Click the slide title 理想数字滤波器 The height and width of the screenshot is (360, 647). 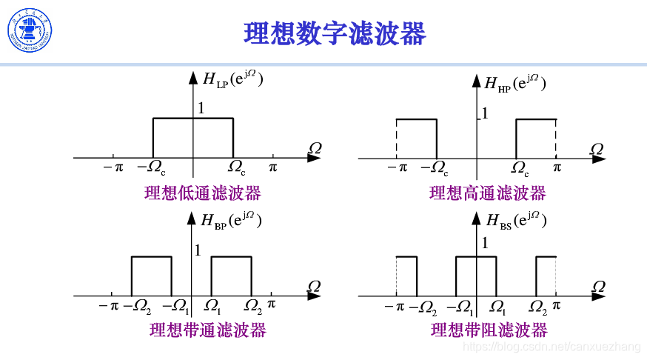pos(335,33)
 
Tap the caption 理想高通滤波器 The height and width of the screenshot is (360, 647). pos(488,193)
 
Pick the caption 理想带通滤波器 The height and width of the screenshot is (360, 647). pos(207,330)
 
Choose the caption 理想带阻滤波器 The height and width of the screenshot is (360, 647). pos(489,330)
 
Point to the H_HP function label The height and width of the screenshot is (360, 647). pos(515,83)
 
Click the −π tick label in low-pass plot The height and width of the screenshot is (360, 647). pos(113,167)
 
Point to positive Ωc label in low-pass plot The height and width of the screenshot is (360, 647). pos(238,168)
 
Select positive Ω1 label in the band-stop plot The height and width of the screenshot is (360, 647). pos(499,306)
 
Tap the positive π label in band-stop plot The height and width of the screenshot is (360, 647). pos(557,304)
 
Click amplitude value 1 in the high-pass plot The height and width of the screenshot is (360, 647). pos(486,113)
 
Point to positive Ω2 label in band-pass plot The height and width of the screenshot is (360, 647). pos(253,305)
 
